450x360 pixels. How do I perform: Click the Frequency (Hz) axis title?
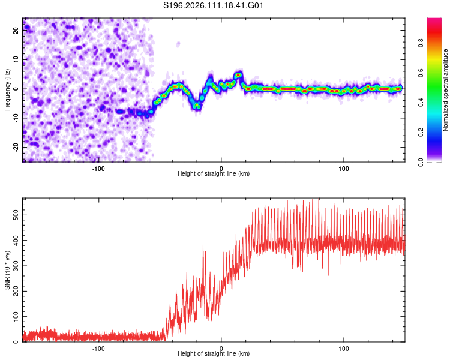click(7, 90)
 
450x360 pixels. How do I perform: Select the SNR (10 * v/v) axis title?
click(7, 270)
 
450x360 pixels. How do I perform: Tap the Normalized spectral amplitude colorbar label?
click(446, 90)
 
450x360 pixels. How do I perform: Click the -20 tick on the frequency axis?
click(15, 147)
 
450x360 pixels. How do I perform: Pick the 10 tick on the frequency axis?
click(16, 60)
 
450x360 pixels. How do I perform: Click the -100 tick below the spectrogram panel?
click(98, 168)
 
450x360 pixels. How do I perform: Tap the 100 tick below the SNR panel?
click(344, 348)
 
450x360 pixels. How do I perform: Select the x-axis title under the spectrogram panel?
click(214, 174)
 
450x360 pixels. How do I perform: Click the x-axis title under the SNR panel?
click(214, 355)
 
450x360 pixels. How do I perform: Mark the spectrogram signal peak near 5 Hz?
click(239, 75)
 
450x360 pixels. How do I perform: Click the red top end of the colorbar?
click(434, 21)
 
